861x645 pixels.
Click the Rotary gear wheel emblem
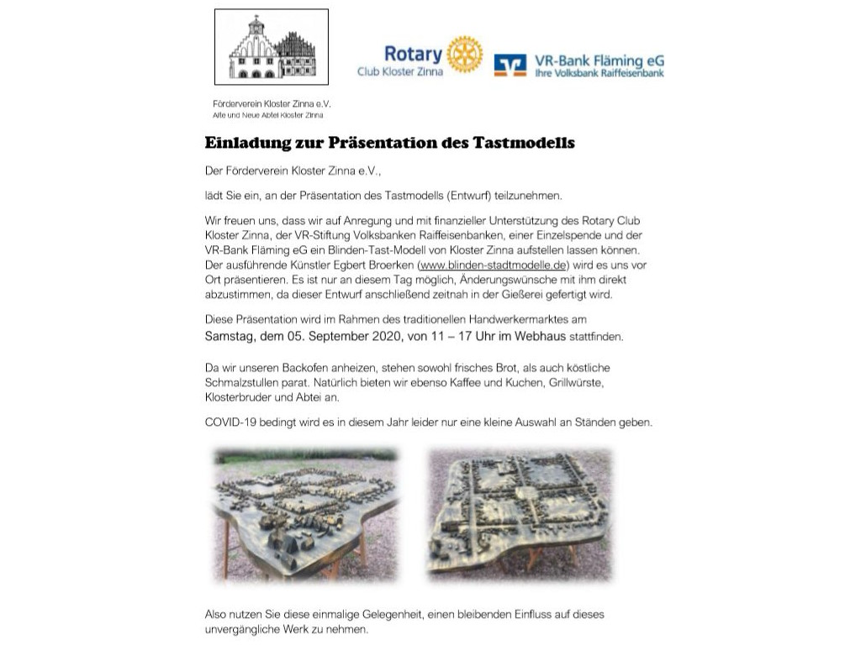point(465,54)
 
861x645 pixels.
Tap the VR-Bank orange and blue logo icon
point(510,66)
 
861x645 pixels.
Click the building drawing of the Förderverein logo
point(272,48)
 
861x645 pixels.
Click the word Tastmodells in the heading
point(530,143)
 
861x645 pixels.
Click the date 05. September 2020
point(326,336)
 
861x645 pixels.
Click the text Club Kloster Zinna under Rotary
point(400,71)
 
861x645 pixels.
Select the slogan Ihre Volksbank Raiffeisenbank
point(600,73)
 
